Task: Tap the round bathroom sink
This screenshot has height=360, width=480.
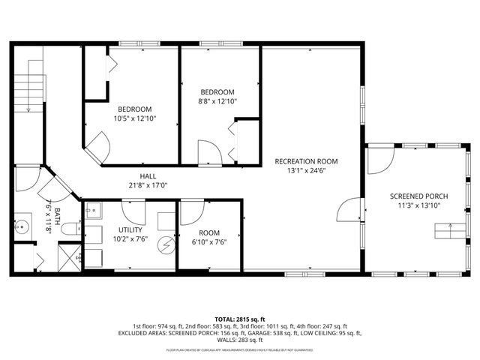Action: tap(22, 224)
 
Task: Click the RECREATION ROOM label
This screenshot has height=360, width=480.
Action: tap(306, 161)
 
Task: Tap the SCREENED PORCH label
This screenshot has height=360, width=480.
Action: tap(419, 196)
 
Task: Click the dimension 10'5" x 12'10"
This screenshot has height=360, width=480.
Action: tap(134, 118)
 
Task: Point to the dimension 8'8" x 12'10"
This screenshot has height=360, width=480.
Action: tap(217, 101)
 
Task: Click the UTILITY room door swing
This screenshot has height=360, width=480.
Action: tap(132, 208)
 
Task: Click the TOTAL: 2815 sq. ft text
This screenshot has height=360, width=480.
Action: tap(239, 319)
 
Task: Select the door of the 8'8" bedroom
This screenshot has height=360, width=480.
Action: tap(209, 152)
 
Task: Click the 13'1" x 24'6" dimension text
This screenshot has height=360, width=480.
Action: tap(306, 171)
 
